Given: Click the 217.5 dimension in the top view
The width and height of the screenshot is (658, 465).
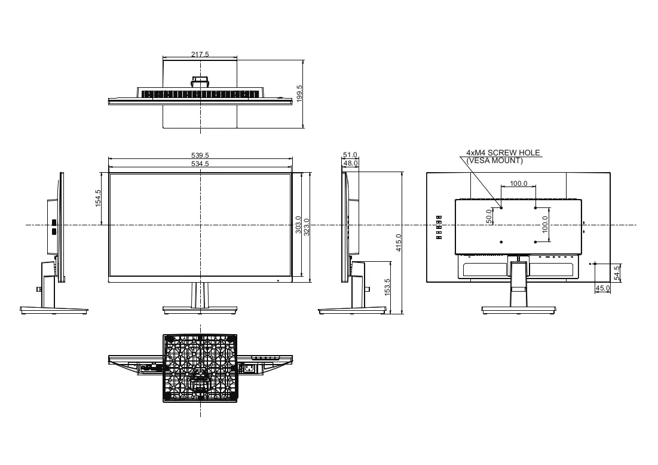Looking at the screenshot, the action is [200, 54].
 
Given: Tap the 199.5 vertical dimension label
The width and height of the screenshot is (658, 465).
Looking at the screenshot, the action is [299, 94].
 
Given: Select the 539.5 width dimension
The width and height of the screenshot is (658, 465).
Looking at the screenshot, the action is [200, 156].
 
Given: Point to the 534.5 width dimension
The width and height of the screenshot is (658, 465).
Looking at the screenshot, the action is [200, 164].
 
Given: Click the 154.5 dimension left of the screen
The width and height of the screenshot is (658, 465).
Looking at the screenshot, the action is [98, 198].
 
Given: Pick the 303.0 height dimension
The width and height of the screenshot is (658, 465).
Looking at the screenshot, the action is [298, 225].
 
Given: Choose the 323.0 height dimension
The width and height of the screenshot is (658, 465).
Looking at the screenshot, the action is [307, 227].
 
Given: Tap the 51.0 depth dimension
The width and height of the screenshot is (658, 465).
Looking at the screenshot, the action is [350, 155].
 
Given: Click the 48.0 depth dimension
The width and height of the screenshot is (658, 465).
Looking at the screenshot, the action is [350, 163].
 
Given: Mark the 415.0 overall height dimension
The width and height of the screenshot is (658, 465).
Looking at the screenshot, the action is [399, 243].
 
